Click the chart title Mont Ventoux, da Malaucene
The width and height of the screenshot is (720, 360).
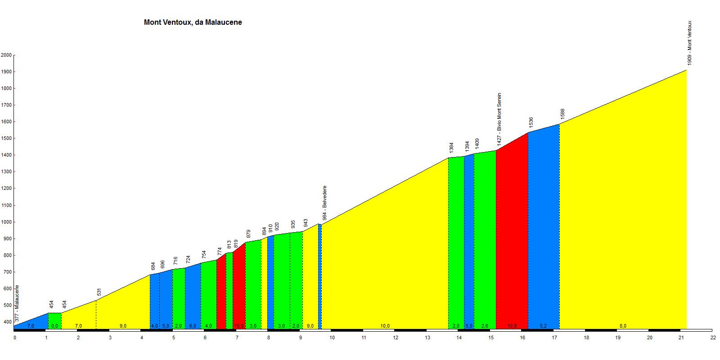pos(193,22)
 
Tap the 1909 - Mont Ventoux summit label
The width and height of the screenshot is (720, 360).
pos(689,43)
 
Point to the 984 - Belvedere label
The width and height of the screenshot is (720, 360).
pos(324,203)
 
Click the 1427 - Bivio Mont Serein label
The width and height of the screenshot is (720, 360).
pos(499,118)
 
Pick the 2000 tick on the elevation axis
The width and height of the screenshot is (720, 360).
pos(6,55)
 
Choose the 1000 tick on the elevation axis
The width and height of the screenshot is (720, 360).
pos(6,222)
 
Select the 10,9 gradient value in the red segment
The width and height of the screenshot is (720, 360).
pos(512,326)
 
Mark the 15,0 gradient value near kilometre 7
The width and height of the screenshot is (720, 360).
pos(238,326)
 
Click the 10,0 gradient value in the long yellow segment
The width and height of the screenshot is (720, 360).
pos(385,326)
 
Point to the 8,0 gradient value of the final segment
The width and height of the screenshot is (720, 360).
pos(623,326)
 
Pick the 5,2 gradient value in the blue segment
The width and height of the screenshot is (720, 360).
pos(543,326)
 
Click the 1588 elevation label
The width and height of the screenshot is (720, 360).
pos(562,114)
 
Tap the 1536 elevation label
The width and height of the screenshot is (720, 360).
pos(531,122)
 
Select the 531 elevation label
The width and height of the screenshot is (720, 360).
pos(99,292)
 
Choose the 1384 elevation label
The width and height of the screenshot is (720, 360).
pos(451,148)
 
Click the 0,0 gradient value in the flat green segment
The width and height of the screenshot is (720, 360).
pos(54,326)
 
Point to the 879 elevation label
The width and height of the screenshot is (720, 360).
pos(248,234)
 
